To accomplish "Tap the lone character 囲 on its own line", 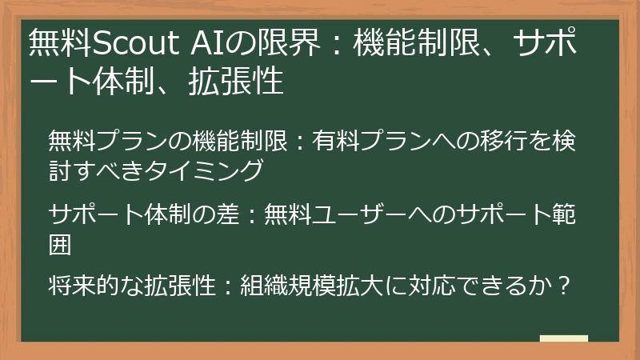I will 60,243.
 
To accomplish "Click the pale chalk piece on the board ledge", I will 563,339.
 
